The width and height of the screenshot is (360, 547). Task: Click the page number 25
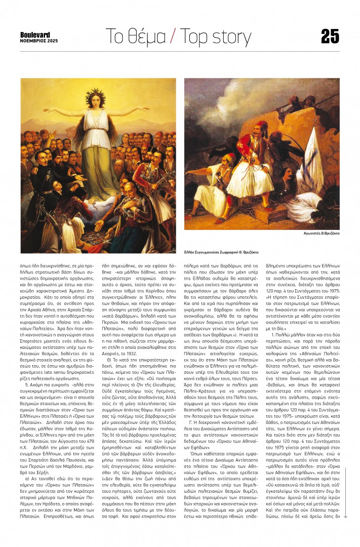(330, 37)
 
